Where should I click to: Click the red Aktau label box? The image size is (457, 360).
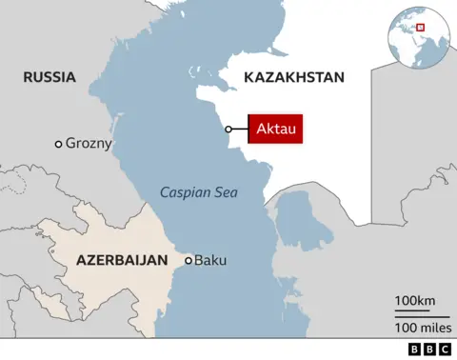276,129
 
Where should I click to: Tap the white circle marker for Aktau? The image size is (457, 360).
228,130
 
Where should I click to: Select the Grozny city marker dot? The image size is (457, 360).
58,144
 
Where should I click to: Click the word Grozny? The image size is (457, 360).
89,144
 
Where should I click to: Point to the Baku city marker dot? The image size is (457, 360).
189,259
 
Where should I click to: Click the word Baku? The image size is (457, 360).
210,259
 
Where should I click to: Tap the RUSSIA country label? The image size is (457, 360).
50,77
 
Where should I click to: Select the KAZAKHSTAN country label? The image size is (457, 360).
293,77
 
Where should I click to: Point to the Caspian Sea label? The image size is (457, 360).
198,193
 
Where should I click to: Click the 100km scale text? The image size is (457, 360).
416,302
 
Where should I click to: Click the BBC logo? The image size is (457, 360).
427,350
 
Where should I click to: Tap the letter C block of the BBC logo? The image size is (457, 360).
441,350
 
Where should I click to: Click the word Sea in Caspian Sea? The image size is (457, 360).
226,193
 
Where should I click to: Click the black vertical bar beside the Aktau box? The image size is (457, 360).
248,129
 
